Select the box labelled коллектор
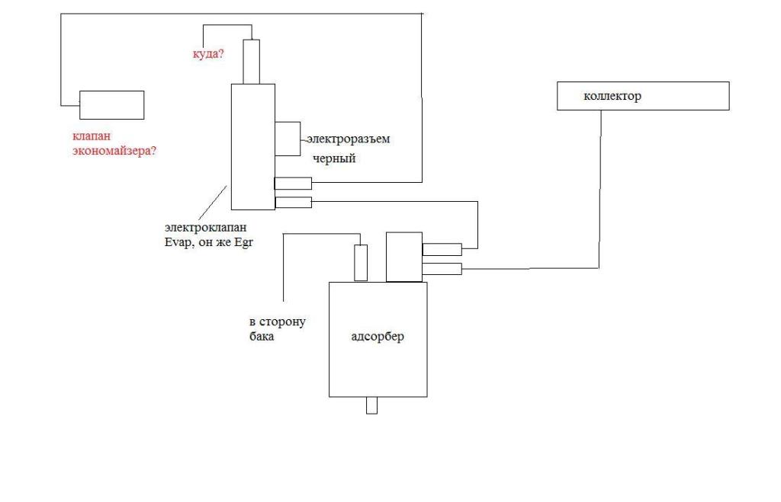[x=642, y=96]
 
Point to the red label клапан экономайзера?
[x=114, y=143]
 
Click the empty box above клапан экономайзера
[x=112, y=104]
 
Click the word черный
[x=334, y=159]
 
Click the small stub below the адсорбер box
[x=371, y=405]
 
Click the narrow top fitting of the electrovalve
[x=252, y=62]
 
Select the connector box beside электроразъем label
[x=289, y=139]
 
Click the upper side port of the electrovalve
[x=293, y=183]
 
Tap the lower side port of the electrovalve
[x=293, y=202]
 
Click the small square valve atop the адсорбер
[x=404, y=257]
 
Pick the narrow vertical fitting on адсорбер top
[x=362, y=263]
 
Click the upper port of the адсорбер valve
[x=442, y=249]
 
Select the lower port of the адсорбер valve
[x=442, y=268]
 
